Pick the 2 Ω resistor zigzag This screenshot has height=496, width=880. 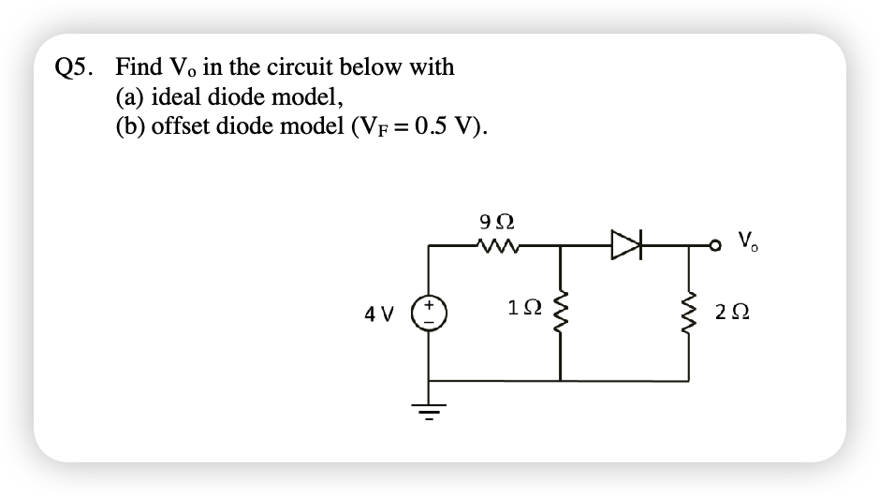(692, 311)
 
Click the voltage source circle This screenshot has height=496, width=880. (430, 311)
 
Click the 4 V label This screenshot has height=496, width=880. (378, 312)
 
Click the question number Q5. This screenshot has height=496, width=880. (75, 67)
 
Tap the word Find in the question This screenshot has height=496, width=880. (137, 67)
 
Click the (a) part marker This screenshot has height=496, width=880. (130, 97)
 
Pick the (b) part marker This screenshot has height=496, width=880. (130, 127)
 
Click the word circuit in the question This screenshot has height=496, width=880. (300, 67)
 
